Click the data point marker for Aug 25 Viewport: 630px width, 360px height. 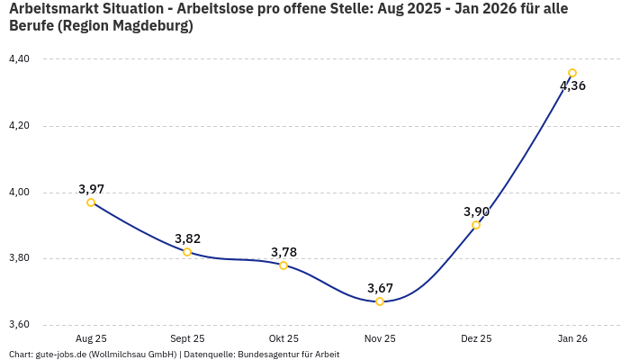91,202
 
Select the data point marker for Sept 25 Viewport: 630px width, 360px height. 187,252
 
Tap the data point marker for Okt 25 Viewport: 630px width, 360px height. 283,265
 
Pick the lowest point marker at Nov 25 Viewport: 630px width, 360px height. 380,301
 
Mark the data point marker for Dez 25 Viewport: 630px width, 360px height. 476,225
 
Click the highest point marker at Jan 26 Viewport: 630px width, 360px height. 572,73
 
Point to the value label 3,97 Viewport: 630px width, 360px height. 91,189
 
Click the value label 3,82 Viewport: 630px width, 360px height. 187,238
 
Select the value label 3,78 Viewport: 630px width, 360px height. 283,252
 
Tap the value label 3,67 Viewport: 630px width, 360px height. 380,288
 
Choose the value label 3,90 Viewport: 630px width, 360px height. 476,211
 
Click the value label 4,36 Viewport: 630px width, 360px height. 572,86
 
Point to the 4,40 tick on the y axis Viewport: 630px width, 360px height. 19,59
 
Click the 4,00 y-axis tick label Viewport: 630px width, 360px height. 19,193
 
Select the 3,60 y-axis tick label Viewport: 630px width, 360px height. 19,325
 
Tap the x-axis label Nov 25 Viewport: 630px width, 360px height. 380,338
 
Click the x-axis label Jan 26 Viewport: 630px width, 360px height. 572,338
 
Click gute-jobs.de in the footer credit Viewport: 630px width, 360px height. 62,355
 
